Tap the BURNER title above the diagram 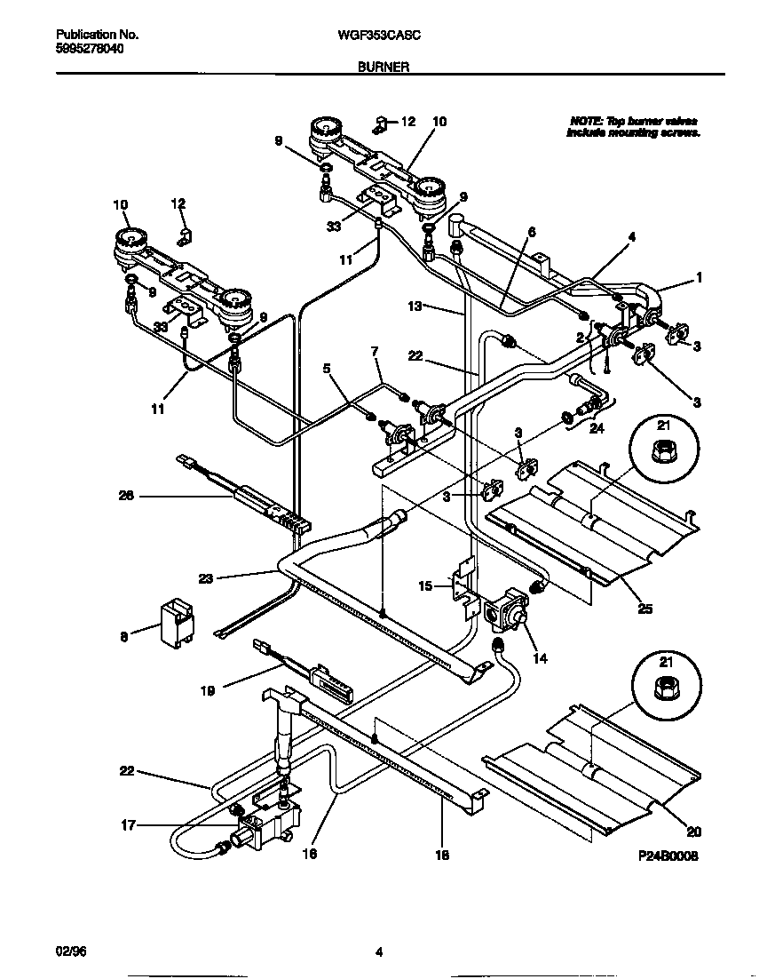coord(383,66)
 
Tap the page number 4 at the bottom coord(379,953)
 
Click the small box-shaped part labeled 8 coord(176,623)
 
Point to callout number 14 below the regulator coord(540,658)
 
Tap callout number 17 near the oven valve coord(129,824)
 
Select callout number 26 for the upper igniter coord(126,496)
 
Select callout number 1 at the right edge coord(699,277)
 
